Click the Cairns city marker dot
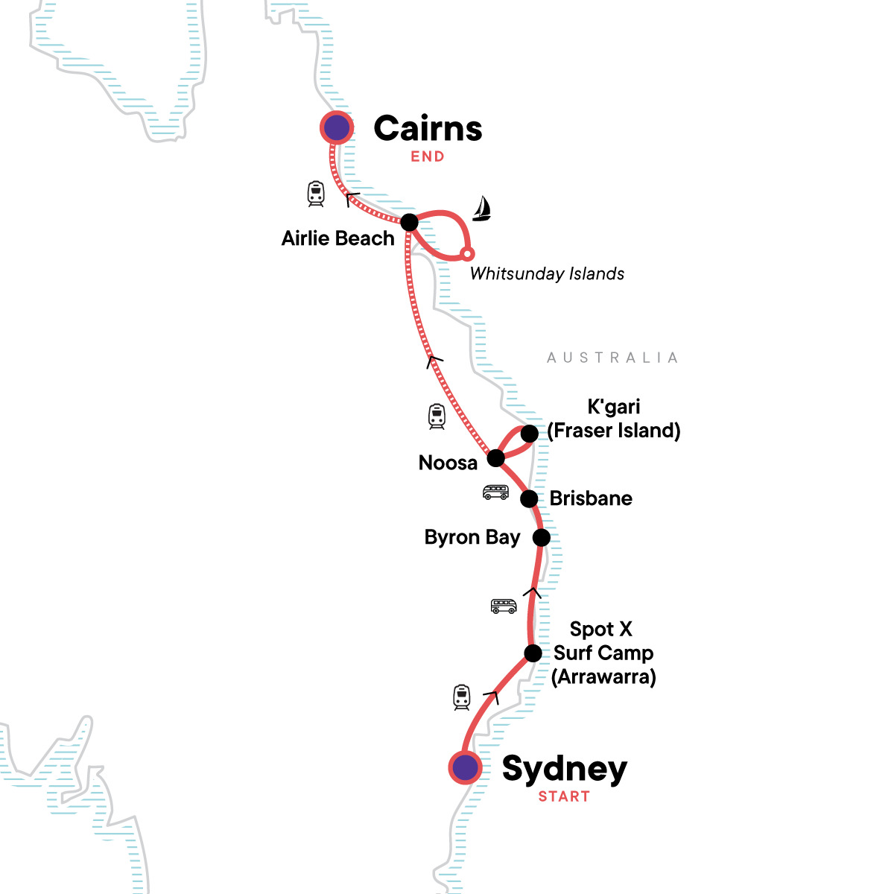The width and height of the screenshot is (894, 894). coord(336,128)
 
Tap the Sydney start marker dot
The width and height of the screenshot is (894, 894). coord(465,767)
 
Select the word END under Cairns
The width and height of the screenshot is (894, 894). coord(428,156)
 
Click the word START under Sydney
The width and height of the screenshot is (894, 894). coord(564,796)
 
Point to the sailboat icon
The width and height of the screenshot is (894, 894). coord(482,209)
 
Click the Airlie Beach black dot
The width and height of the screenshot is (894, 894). coord(409,222)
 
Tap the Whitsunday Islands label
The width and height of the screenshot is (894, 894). coord(547,273)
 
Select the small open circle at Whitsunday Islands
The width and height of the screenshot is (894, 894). coord(467,254)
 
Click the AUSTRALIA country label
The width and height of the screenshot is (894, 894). coord(612,358)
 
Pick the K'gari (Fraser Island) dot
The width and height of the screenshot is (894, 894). coord(529,434)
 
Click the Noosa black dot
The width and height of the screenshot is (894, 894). coord(495,458)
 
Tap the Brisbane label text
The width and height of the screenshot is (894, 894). coord(591,498)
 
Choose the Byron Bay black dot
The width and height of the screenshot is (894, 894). coord(542,537)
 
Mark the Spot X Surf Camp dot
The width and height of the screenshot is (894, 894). coord(533,653)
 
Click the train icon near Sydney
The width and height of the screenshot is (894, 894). coord(462,697)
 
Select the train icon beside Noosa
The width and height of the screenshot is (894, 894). coord(437,416)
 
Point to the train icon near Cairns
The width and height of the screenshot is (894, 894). coord(316,194)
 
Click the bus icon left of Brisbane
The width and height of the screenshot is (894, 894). coord(495,492)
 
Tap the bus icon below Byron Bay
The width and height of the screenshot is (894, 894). coord(504,606)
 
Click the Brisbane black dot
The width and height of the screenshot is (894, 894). coord(529,498)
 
